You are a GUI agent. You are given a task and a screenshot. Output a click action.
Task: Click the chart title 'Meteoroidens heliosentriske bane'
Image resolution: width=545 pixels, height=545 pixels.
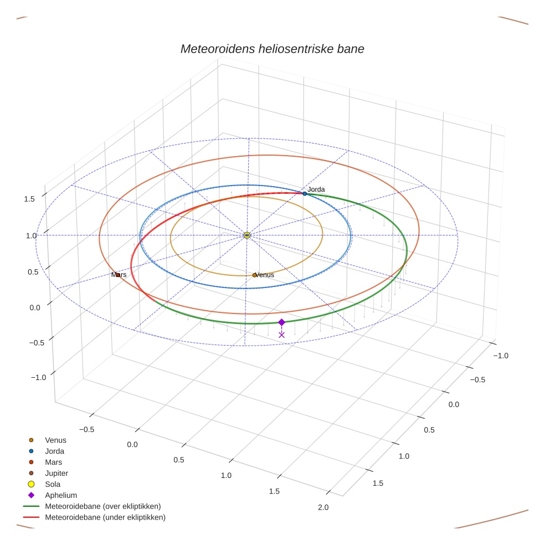tap(272, 49)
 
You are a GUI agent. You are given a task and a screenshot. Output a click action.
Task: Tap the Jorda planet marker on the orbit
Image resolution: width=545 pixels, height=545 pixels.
tap(305, 193)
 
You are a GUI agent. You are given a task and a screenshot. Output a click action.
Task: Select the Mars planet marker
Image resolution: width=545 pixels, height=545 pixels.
tap(117, 275)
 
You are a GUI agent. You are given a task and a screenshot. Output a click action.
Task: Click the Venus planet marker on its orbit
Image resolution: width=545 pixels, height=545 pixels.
tap(255, 275)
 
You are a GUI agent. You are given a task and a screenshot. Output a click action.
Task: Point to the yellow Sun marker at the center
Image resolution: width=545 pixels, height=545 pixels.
tap(247, 235)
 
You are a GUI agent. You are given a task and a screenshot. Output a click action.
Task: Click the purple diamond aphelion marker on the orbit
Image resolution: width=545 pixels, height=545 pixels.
tap(281, 322)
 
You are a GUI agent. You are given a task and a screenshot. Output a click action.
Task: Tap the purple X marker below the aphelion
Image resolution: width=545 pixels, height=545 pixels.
tap(281, 335)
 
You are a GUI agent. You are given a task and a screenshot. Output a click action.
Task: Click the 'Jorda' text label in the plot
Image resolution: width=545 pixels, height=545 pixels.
tap(316, 189)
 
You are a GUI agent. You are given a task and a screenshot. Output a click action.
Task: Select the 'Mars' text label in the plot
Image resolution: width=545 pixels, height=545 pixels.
tap(119, 275)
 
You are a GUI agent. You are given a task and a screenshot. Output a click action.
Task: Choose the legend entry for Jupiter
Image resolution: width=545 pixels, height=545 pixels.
tap(56, 473)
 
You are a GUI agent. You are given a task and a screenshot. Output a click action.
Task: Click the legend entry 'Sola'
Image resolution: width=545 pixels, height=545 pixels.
tap(53, 484)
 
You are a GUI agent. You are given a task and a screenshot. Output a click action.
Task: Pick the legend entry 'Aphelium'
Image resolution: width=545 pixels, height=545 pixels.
tap(61, 495)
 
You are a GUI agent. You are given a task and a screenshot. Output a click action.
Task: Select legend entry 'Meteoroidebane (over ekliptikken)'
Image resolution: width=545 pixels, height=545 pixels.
tap(103, 506)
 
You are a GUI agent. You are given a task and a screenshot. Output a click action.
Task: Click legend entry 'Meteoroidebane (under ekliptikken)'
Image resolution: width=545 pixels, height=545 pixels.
tap(105, 517)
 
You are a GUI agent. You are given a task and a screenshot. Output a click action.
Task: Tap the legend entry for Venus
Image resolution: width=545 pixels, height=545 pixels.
tap(55, 440)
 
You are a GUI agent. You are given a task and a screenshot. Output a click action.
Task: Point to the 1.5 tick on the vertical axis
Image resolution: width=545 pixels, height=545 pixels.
tap(30, 199)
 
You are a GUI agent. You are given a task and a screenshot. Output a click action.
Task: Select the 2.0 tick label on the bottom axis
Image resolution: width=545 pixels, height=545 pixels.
tap(323, 507)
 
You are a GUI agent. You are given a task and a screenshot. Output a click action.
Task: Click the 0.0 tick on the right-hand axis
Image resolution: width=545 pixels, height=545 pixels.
tap(454, 404)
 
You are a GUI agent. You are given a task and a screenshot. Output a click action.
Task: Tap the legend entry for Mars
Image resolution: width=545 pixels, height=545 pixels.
tap(54, 462)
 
